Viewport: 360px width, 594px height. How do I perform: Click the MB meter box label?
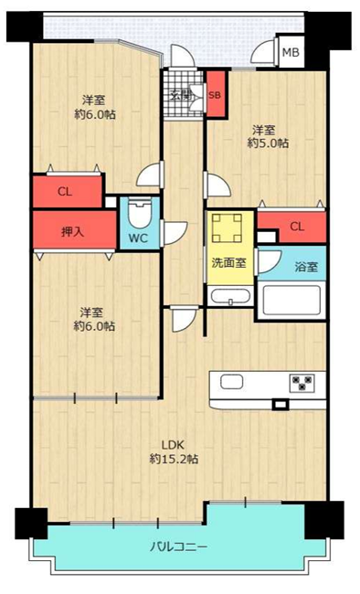click(x=291, y=52)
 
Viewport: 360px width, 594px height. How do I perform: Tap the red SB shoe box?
click(x=216, y=93)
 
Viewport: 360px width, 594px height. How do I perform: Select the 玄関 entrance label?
click(x=182, y=95)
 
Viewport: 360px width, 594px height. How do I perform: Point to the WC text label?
click(x=138, y=239)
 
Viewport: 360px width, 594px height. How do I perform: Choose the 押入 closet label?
click(x=72, y=232)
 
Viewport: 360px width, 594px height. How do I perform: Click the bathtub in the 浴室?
click(x=291, y=301)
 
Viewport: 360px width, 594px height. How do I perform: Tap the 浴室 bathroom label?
click(x=306, y=267)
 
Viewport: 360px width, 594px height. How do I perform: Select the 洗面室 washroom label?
click(x=229, y=262)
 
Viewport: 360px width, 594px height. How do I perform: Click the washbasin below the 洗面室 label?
click(x=230, y=296)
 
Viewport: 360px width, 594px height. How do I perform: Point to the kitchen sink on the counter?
click(x=231, y=382)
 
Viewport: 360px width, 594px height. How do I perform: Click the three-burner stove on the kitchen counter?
click(x=302, y=383)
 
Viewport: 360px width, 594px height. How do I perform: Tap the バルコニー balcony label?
click(x=178, y=547)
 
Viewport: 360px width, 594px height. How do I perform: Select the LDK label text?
click(x=173, y=444)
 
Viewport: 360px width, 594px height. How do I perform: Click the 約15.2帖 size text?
click(x=174, y=459)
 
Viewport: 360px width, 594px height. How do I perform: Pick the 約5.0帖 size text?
click(x=268, y=143)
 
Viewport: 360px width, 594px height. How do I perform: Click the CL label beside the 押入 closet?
click(x=65, y=192)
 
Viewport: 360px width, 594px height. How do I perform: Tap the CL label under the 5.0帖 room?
click(x=297, y=227)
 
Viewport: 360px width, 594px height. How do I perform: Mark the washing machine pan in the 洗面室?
click(x=227, y=228)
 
